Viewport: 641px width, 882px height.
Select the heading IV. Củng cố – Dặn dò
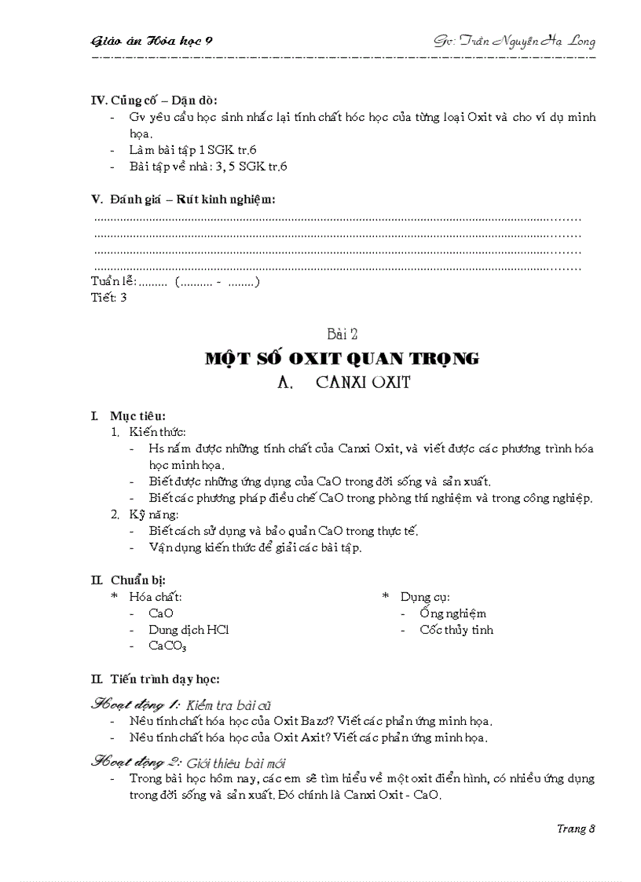155,100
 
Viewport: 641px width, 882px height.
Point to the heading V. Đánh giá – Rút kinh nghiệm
183,199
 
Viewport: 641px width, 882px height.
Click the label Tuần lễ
114,281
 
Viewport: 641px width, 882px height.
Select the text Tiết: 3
108,297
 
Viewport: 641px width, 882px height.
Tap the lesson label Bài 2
341,335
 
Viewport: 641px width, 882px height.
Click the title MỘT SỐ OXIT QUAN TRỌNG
341,358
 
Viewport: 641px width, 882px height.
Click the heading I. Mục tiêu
128,415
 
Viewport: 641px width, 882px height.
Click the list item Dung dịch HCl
189,629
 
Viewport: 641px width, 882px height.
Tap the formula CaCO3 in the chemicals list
167,646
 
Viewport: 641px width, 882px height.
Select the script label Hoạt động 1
137,704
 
